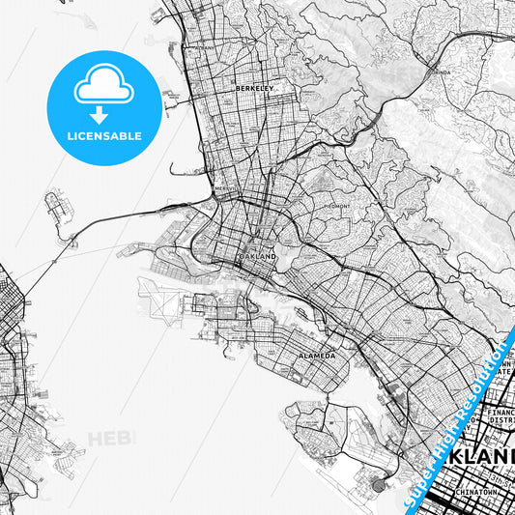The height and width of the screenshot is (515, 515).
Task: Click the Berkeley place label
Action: [x=255, y=88]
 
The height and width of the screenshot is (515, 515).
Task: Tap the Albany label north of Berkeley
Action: [x=204, y=46]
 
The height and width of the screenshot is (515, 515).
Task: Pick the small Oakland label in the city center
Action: [x=258, y=258]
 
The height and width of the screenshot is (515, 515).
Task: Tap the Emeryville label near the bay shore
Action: [x=225, y=189]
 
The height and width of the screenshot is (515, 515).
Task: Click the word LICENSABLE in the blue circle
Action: [x=103, y=136]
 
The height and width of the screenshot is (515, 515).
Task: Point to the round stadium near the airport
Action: [x=378, y=483]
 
